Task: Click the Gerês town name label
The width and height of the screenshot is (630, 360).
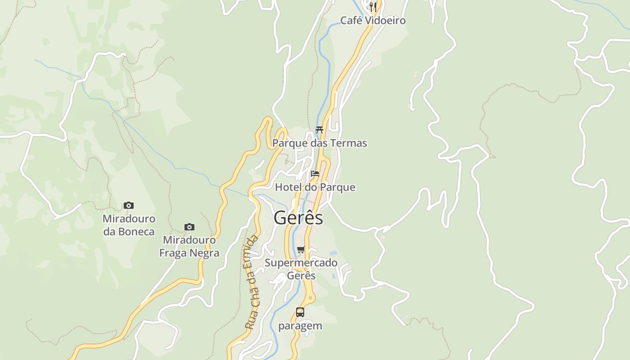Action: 298,218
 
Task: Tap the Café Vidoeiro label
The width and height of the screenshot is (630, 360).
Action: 373,21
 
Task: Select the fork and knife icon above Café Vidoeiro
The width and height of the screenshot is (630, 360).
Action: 373,7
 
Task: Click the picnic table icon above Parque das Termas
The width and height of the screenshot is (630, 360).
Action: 319,130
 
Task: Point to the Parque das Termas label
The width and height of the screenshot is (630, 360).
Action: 319,144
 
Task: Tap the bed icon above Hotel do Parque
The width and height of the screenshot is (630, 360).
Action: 315,174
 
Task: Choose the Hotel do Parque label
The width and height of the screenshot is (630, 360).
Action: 315,187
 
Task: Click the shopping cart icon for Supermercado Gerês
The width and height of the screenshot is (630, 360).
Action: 301,249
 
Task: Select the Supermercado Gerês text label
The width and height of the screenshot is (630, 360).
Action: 301,269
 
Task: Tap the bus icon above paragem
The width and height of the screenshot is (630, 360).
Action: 300,312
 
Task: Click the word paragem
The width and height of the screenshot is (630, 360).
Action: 300,326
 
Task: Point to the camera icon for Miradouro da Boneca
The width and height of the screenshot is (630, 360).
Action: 129,206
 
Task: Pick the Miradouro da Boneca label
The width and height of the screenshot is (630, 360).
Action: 129,225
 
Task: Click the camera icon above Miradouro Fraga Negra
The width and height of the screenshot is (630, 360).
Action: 189,227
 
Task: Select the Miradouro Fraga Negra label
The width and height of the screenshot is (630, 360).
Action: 189,247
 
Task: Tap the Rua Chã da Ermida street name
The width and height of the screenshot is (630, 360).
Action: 253,282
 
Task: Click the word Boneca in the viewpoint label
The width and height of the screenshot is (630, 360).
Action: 136,232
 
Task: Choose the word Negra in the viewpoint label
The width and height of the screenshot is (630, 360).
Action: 204,253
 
